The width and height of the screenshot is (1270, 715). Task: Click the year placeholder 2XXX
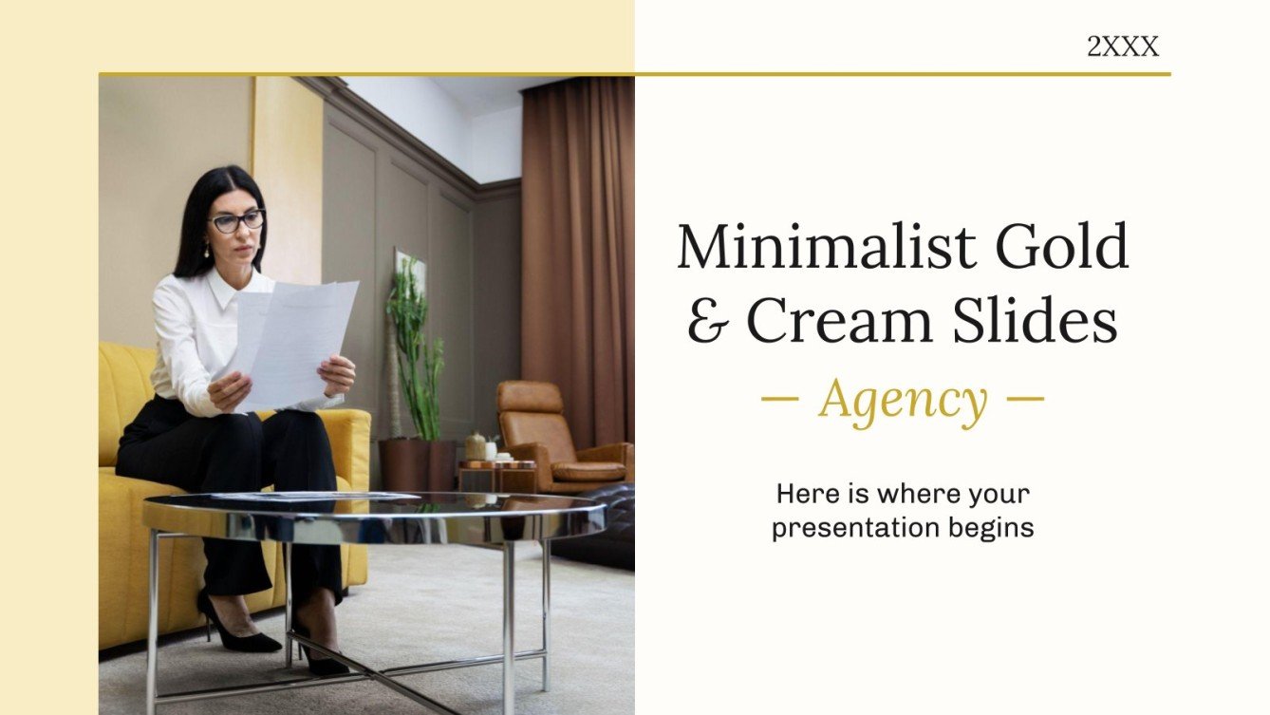coord(1123,47)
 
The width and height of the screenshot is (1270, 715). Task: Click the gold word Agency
coord(903,401)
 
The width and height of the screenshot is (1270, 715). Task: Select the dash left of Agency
coord(780,398)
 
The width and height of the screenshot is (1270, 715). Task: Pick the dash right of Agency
coord(1024,398)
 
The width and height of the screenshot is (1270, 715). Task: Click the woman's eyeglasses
coord(236,221)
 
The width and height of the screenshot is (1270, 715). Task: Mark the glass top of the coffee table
coord(380,513)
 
